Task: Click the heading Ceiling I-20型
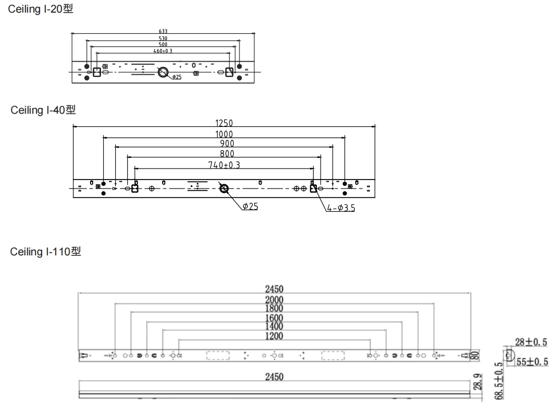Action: pos(41,9)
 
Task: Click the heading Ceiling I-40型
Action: pos(43,110)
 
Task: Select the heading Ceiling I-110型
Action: pos(46,251)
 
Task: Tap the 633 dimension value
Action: pos(163,32)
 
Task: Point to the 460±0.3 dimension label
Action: pos(163,51)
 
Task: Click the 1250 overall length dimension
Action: pos(224,123)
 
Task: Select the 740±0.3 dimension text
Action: pos(224,165)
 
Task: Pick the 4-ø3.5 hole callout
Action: pos(341,207)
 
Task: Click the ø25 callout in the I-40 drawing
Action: pos(251,206)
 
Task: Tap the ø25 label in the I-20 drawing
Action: pos(177,77)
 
